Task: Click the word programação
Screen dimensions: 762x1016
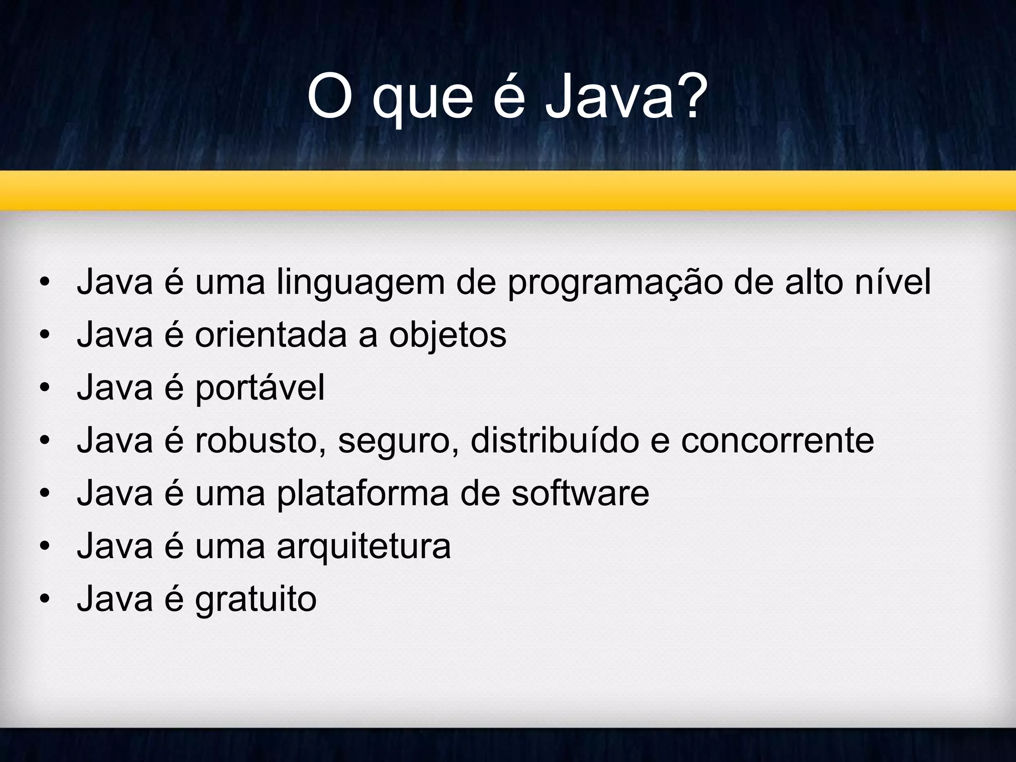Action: click(x=615, y=283)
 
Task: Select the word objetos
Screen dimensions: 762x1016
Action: click(x=447, y=335)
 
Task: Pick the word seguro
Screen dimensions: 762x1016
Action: click(x=398, y=442)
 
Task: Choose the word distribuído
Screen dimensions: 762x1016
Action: click(x=555, y=441)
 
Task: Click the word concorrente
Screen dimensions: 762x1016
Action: click(x=777, y=441)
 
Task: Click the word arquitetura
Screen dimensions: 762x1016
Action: click(x=364, y=547)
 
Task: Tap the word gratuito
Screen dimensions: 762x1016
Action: click(x=256, y=599)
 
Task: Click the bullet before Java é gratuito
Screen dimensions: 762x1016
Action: click(x=45, y=599)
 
